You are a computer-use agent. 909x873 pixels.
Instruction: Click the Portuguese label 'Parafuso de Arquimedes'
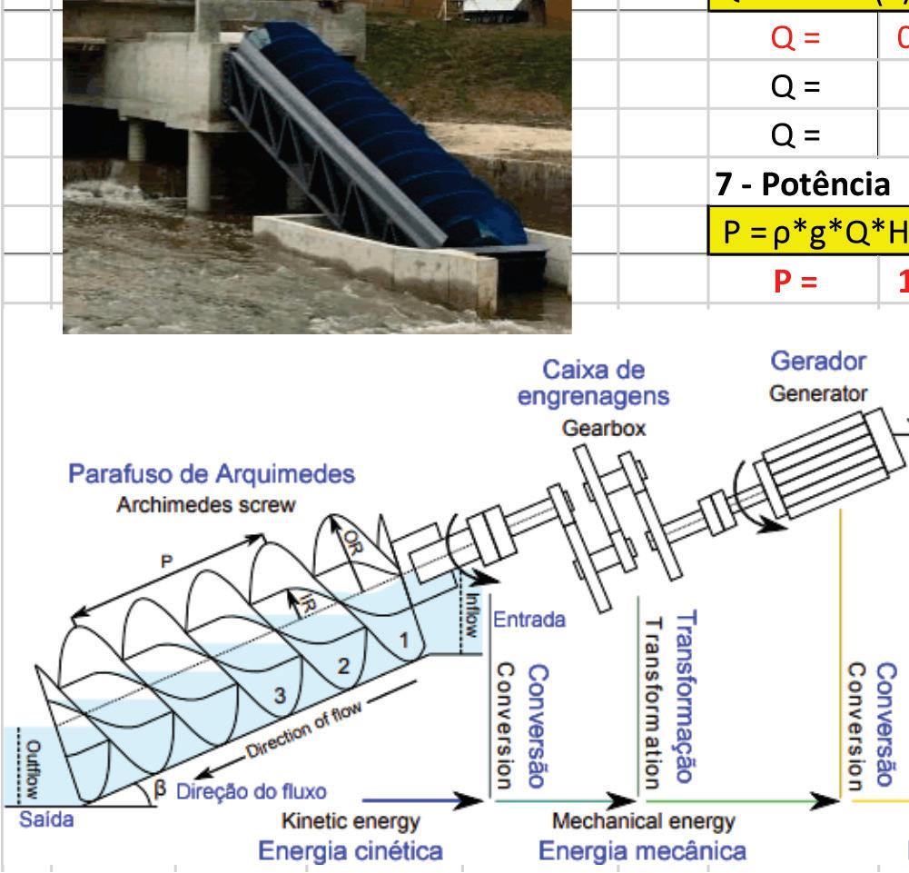pyautogui.click(x=212, y=474)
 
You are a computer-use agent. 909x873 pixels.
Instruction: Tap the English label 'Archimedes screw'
pyautogui.click(x=205, y=506)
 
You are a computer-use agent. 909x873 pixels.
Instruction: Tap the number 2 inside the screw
pyautogui.click(x=344, y=666)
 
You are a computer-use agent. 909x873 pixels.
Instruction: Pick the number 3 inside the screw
pyautogui.click(x=281, y=696)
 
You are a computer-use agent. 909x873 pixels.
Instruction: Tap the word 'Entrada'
pyautogui.click(x=529, y=620)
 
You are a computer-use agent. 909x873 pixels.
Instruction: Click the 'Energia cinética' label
pyautogui.click(x=351, y=850)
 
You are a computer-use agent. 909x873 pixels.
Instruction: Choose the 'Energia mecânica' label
pyautogui.click(x=643, y=850)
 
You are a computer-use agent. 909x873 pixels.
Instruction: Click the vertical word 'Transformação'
pyautogui.click(x=688, y=696)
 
